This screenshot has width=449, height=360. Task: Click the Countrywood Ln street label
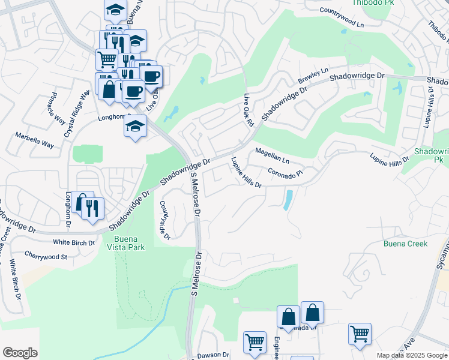point(342,17)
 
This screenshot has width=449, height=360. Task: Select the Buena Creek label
point(405,244)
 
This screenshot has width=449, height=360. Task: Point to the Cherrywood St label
point(46,256)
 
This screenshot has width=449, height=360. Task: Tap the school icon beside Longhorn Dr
point(135,126)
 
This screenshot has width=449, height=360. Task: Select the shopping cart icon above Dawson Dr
point(255,342)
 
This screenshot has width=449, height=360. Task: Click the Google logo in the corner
point(20,353)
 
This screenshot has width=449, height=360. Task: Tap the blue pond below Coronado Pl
point(288,199)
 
